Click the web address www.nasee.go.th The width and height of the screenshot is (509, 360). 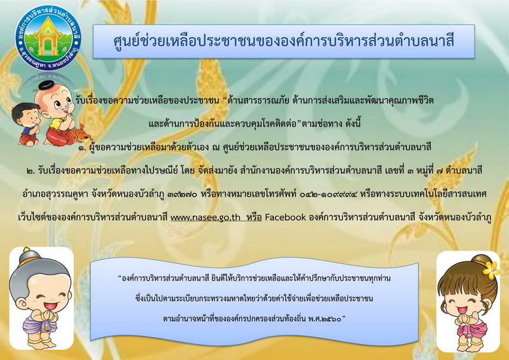pos(206,217)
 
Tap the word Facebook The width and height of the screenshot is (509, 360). pos(285,217)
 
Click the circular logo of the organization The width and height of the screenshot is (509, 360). pos(48,38)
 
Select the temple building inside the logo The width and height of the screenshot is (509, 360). pos(48,37)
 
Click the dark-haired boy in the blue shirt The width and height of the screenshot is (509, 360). pos(26,124)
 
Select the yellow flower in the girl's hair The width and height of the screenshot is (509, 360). pos(490,270)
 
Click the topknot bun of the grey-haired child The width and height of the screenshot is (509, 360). pos(27,256)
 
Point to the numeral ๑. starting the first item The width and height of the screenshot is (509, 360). pos(81,148)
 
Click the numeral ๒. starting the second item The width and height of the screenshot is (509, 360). pos(31,171)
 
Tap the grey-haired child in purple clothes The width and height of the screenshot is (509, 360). pos(41,299)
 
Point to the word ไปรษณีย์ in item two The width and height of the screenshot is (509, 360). pos(162,170)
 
